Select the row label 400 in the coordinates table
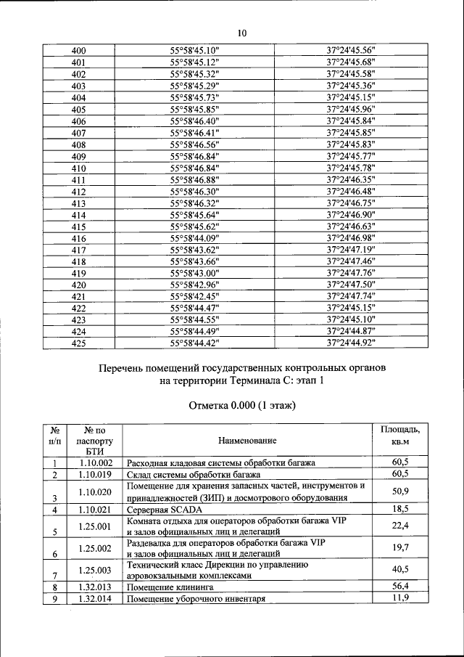(x=79, y=51)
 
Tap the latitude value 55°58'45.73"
(x=194, y=97)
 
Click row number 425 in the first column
(x=79, y=343)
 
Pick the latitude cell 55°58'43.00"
(x=194, y=273)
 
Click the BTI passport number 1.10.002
(x=95, y=462)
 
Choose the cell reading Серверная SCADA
(x=159, y=510)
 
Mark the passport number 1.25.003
(x=95, y=571)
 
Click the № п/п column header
(x=54, y=435)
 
